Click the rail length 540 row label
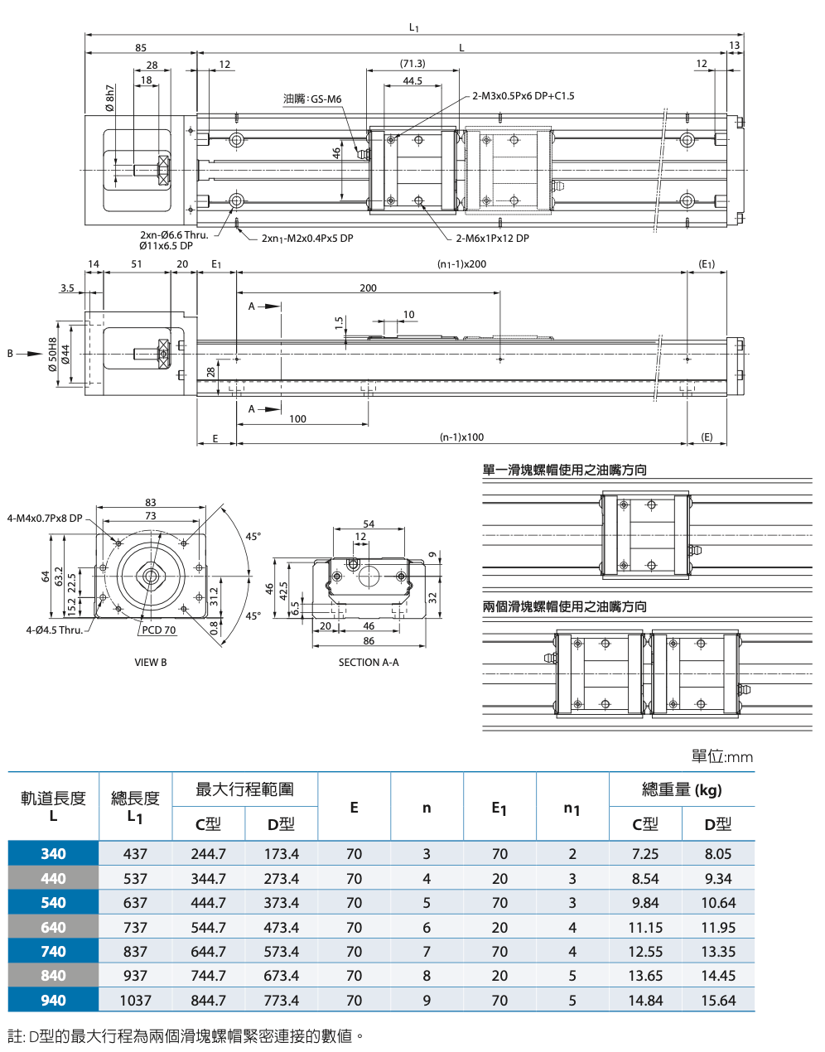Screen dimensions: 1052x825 (53, 902)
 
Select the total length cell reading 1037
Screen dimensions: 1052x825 (135, 1000)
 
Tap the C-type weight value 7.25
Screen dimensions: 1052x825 (644, 853)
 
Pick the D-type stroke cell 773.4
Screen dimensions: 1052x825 (281, 1000)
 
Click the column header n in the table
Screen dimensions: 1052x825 (427, 808)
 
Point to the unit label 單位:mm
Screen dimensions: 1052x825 (721, 756)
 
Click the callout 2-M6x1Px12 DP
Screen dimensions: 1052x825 (492, 239)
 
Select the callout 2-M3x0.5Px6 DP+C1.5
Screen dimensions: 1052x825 (523, 96)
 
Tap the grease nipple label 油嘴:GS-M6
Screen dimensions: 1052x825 (312, 99)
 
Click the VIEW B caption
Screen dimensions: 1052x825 (151, 663)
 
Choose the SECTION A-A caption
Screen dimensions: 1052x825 (369, 663)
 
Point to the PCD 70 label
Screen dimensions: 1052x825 (158, 630)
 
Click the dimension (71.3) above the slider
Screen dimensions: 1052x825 (412, 64)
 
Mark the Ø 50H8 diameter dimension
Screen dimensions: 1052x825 (53, 354)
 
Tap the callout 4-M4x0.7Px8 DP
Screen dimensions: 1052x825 (45, 519)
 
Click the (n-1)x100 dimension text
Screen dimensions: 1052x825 (462, 437)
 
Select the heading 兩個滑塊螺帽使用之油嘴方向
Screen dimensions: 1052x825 (564, 606)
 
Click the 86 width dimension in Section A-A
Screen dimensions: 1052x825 (369, 640)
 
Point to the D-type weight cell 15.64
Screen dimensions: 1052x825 (717, 1000)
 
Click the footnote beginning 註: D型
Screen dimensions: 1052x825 (186, 1035)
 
